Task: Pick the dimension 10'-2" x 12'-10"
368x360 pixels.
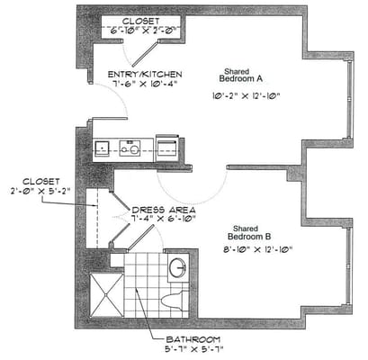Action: pyautogui.click(x=241, y=95)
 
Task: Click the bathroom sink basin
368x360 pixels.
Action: pyautogui.click(x=176, y=268)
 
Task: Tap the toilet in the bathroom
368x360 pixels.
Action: pyautogui.click(x=174, y=296)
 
